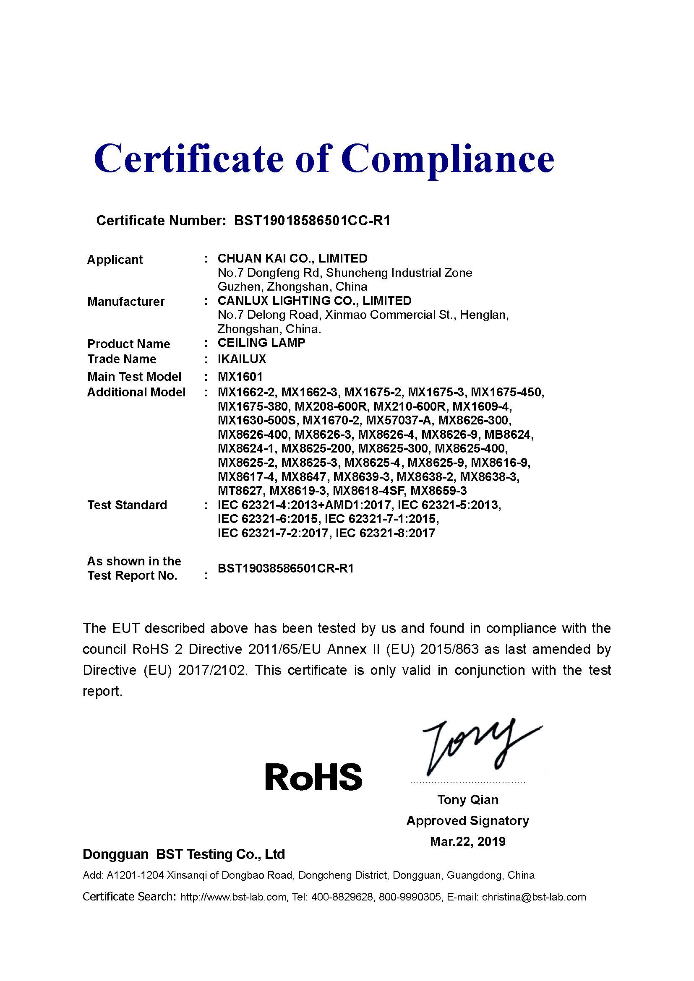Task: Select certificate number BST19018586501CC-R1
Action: coord(312,221)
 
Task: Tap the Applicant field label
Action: coord(115,259)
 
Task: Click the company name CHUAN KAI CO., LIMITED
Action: coord(292,258)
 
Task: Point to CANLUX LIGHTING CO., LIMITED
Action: coord(314,301)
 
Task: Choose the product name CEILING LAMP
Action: coord(261,343)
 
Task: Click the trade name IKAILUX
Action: coord(241,359)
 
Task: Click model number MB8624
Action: coord(509,435)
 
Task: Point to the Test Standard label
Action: coord(127,505)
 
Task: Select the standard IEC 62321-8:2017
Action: coord(385,533)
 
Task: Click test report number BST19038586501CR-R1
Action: coord(285,569)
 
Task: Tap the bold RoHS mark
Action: coord(313,776)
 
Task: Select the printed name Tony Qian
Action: coord(467,799)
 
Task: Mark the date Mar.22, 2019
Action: coord(467,841)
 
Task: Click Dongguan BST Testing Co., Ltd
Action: coord(183,854)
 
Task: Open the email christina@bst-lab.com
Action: coord(534,897)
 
